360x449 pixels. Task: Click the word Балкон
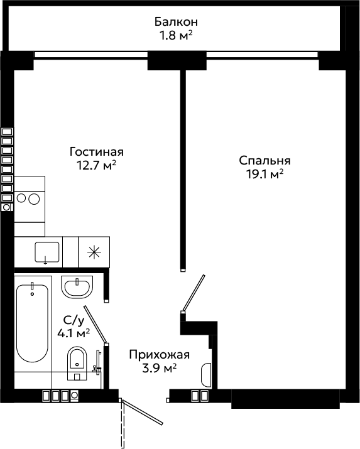click(176, 22)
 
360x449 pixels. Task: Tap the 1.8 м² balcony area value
click(175, 36)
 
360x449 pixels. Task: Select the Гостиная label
click(97, 152)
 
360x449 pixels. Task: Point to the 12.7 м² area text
click(96, 165)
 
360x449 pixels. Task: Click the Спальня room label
click(265, 161)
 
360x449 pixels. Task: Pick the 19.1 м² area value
click(265, 174)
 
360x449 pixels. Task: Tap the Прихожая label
click(159, 355)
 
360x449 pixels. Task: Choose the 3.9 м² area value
click(159, 368)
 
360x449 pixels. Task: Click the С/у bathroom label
click(74, 320)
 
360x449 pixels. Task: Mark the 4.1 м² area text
click(74, 333)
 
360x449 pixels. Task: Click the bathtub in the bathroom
click(32, 323)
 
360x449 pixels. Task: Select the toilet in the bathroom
click(77, 363)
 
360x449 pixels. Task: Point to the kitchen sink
click(47, 252)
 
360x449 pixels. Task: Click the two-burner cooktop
click(30, 207)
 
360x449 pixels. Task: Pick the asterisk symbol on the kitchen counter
click(94, 252)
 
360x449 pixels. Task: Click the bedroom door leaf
click(194, 293)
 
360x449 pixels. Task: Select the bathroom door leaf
click(95, 325)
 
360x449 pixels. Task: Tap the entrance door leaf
click(143, 413)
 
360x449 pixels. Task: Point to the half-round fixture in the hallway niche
click(206, 375)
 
